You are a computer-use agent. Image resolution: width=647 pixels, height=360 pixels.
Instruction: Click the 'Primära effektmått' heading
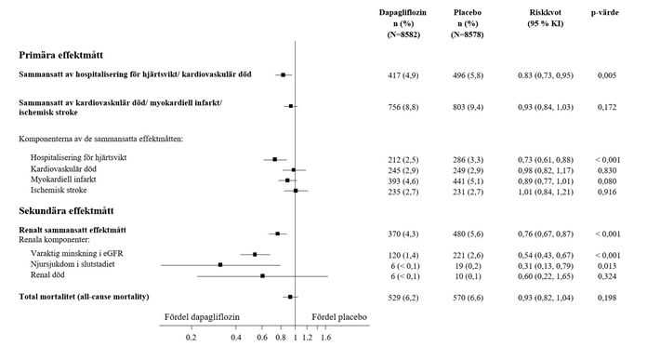(60, 55)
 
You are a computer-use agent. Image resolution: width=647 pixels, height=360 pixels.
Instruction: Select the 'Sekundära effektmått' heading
(66, 211)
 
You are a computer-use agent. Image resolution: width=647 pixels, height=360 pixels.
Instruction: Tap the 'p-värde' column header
(604, 13)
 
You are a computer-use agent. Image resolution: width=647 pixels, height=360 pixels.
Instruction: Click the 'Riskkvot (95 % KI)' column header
(545, 19)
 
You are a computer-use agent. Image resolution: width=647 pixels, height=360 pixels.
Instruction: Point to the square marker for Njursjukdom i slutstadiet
(220, 264)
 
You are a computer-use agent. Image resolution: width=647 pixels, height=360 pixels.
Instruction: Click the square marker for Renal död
(262, 275)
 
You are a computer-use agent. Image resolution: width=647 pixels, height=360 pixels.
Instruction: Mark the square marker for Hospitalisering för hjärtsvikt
(275, 159)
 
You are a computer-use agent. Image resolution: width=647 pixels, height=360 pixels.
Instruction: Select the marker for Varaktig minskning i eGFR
(255, 254)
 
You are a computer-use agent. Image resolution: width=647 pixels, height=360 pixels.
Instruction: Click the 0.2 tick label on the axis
(191, 338)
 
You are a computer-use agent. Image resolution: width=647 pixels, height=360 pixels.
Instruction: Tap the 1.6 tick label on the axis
(325, 338)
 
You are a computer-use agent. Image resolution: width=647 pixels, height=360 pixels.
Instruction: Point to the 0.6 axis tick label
(262, 338)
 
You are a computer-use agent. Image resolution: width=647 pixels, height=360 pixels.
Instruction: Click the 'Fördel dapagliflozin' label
(202, 317)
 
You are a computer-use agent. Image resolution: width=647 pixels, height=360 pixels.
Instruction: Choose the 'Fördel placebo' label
(339, 317)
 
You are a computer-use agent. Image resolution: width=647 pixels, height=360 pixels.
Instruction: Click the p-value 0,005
(607, 75)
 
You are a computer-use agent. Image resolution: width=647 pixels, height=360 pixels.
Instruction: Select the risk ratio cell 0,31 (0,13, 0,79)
(546, 266)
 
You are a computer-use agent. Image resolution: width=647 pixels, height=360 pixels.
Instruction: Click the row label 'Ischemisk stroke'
(59, 191)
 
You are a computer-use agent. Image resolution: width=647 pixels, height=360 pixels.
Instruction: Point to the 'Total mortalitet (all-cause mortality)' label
(84, 297)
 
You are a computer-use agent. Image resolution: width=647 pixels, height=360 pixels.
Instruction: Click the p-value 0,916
(607, 192)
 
